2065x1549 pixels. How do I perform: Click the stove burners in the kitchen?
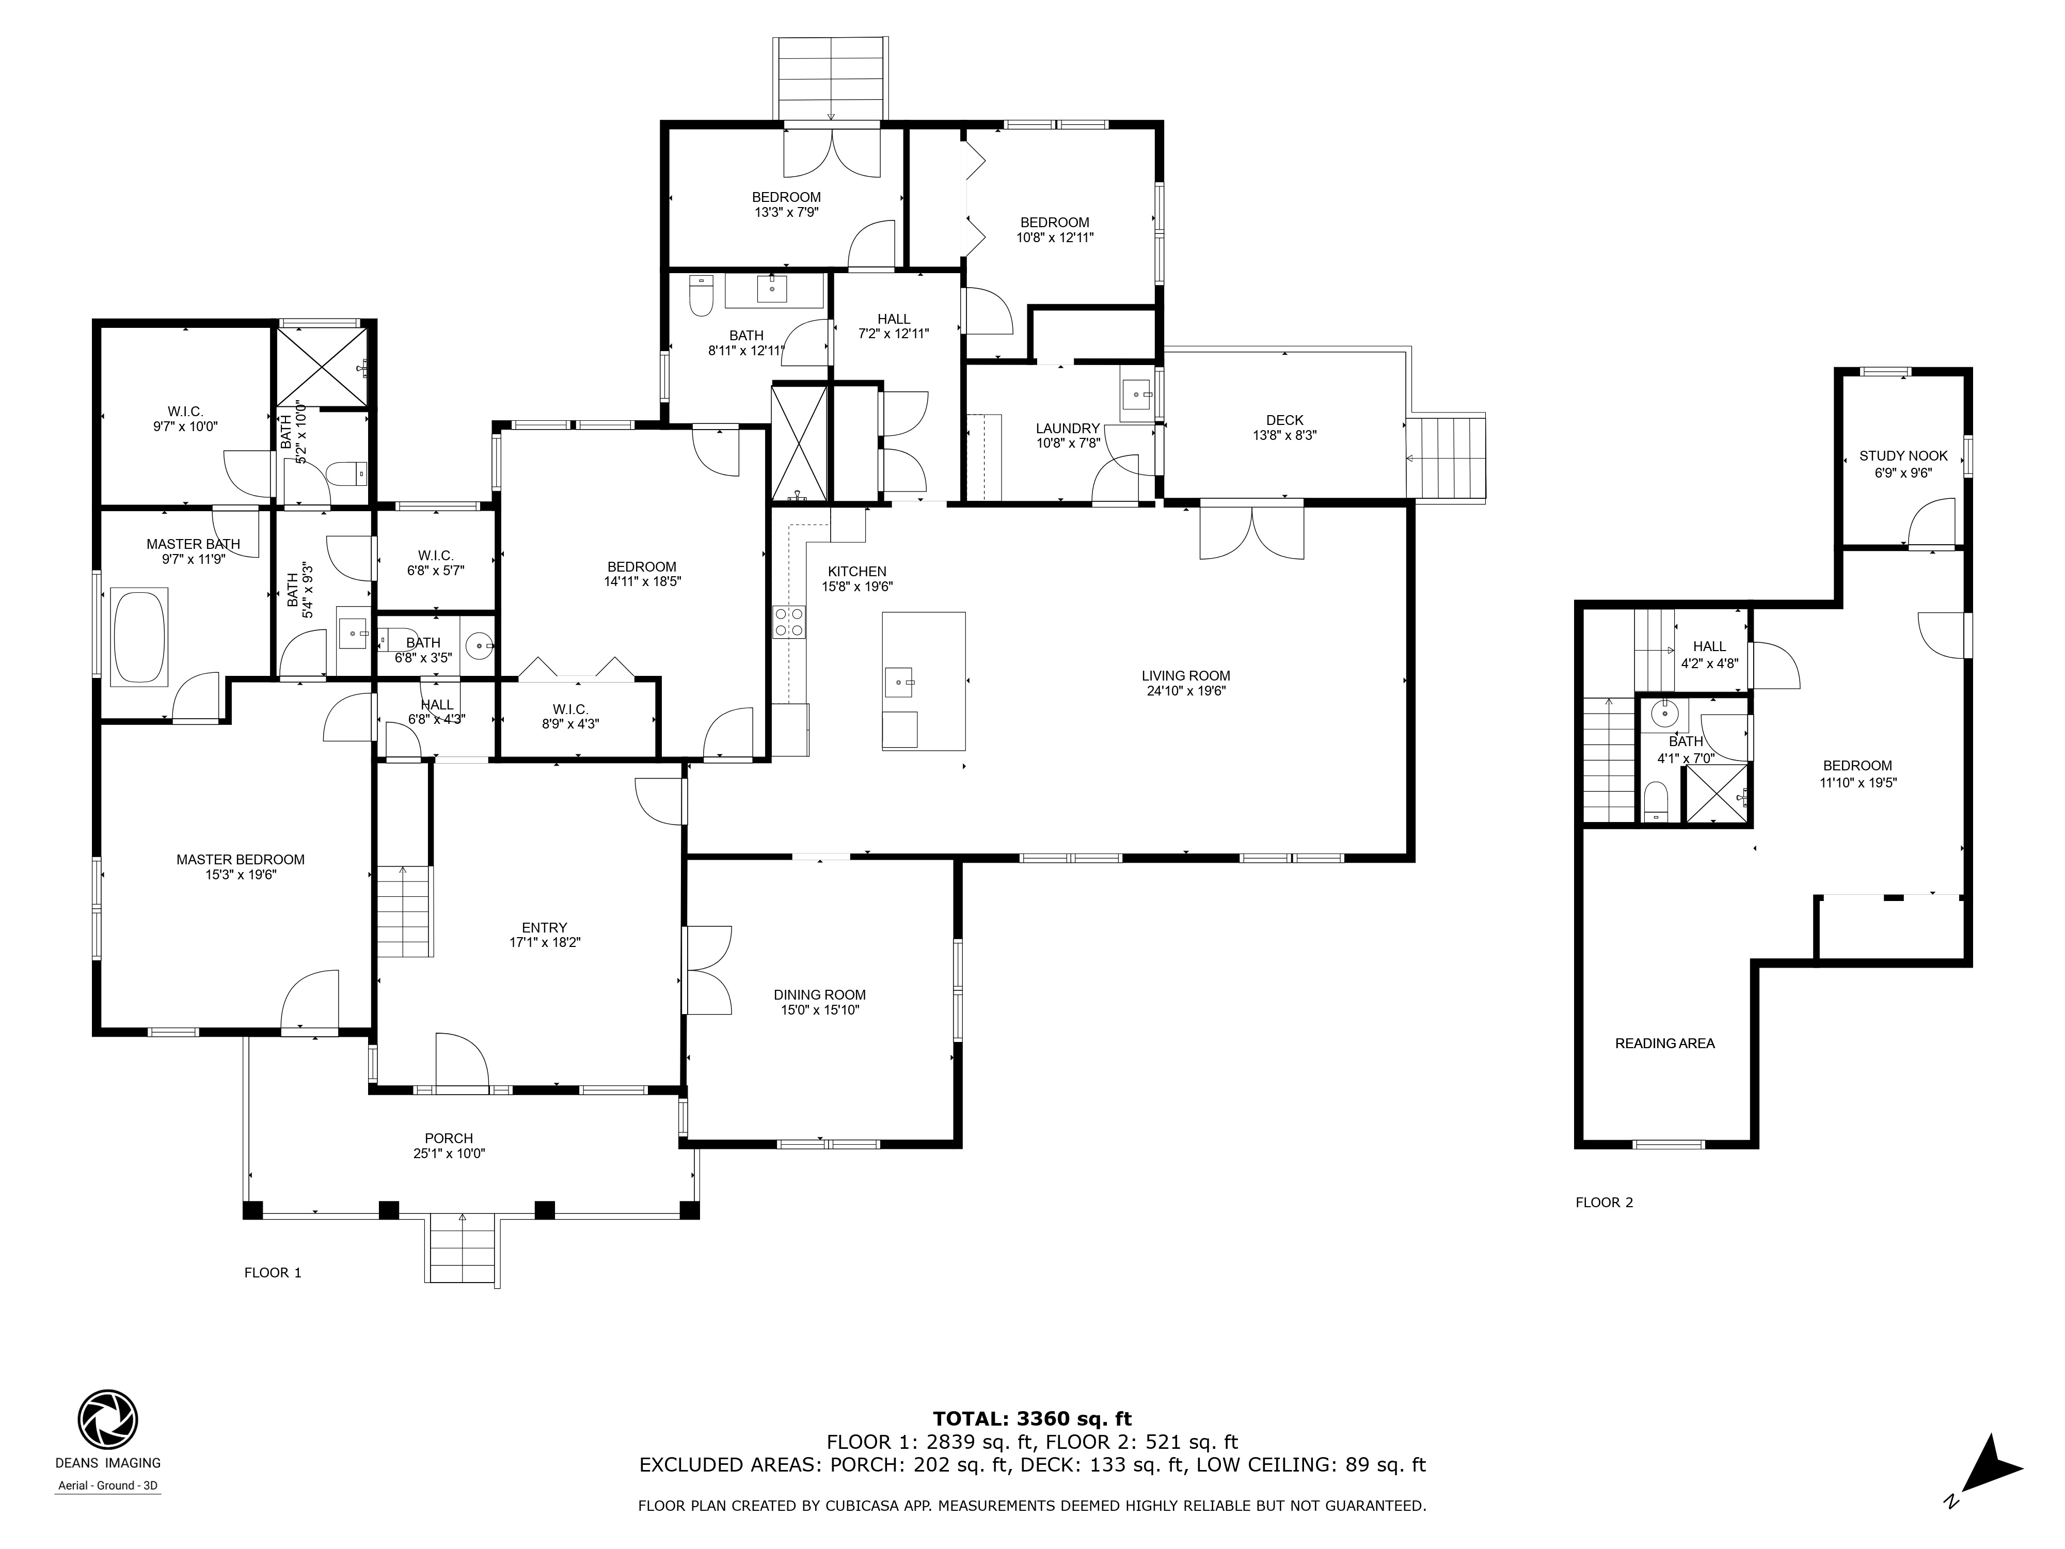point(789,622)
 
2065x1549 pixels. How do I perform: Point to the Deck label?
point(1284,420)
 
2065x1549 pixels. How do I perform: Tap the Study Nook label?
point(1903,455)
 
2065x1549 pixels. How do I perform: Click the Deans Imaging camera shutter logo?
point(107,1419)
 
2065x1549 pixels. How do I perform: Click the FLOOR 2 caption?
point(1605,1203)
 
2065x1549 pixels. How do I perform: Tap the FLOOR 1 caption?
point(273,1273)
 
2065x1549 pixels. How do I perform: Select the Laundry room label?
point(1068,429)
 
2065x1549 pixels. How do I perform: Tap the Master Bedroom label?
point(241,860)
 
